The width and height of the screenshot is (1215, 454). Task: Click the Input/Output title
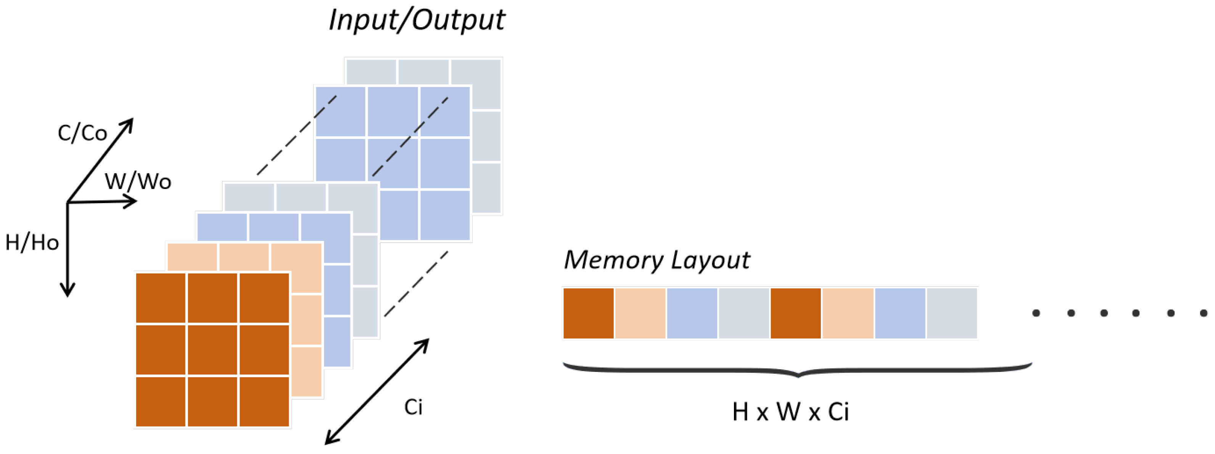416,20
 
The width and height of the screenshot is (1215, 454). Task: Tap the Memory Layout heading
657,260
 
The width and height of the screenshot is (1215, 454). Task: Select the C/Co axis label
82,133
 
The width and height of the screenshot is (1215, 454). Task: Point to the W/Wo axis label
138,181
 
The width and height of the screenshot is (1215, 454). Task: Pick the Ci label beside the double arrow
413,407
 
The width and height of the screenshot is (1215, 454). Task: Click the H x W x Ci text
790,412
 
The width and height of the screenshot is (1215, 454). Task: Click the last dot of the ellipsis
1203,313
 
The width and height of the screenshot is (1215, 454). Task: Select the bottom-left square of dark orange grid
160,402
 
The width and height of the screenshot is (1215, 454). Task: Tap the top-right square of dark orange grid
264,298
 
